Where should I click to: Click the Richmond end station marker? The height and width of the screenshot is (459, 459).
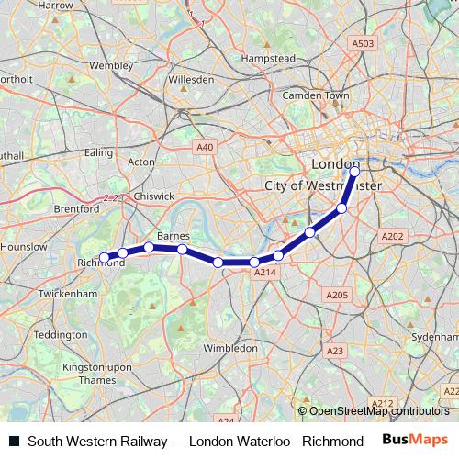point(104,257)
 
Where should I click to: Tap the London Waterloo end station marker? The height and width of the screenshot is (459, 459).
point(354,171)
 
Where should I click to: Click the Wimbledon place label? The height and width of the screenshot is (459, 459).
point(230,349)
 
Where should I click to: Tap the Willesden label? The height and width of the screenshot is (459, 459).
point(192,80)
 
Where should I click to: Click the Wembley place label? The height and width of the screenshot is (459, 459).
point(111,66)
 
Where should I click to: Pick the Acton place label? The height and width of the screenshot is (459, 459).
point(141,162)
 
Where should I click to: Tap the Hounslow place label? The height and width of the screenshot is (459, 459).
point(24,247)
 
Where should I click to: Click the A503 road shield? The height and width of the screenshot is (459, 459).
point(364,43)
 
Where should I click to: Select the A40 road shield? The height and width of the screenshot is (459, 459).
point(205,146)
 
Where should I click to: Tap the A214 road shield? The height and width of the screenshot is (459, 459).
point(264,273)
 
